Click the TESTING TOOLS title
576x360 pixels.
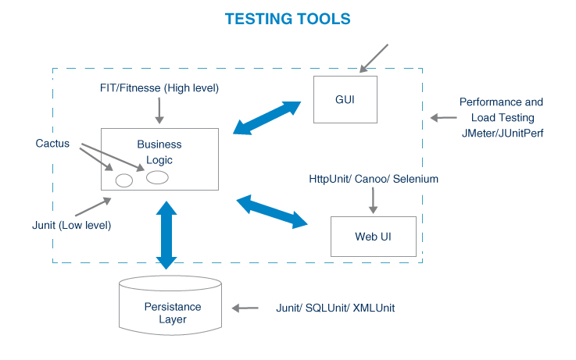click(x=288, y=18)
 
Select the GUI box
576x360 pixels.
click(x=345, y=99)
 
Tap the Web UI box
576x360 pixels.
click(x=373, y=237)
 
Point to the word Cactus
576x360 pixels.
click(x=52, y=144)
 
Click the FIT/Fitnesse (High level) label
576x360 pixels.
click(x=159, y=88)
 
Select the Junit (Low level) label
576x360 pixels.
click(x=66, y=226)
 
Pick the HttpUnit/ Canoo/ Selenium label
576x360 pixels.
click(x=374, y=179)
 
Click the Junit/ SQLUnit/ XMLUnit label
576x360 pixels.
click(x=335, y=308)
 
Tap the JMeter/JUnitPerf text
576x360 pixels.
click(x=500, y=133)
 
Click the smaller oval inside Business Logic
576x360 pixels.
click(x=124, y=180)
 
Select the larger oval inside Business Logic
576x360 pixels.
click(x=157, y=177)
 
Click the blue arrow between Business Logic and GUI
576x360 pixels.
click(x=267, y=117)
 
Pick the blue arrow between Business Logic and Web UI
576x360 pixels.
click(x=272, y=212)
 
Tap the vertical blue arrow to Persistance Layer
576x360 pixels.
click(x=166, y=234)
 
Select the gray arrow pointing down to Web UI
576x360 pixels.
click(x=373, y=200)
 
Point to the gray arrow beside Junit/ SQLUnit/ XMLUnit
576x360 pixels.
click(x=247, y=308)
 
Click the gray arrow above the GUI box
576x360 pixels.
click(x=373, y=56)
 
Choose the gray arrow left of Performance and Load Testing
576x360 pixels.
click(x=443, y=118)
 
